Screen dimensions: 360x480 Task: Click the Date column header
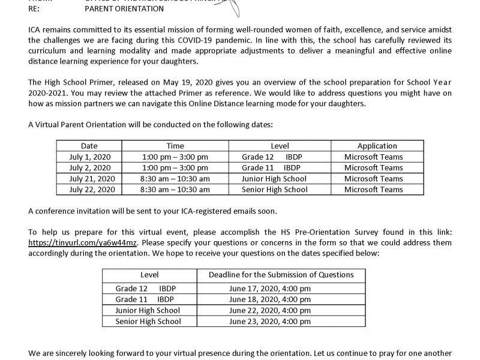(89, 146)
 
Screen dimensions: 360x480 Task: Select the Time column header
(175, 146)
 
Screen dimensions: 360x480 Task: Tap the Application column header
(377, 146)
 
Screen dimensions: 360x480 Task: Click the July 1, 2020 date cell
(89, 157)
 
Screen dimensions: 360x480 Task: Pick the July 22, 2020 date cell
(89, 190)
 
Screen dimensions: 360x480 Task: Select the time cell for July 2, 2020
(175, 167)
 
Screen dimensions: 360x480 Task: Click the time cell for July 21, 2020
(175, 179)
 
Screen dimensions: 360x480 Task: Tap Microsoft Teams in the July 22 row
(377, 190)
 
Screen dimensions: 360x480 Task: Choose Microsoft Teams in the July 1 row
(377, 157)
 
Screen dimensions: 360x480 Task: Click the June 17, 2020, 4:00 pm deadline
(278, 288)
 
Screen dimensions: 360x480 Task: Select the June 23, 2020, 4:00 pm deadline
(278, 321)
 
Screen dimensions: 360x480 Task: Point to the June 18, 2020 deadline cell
(278, 299)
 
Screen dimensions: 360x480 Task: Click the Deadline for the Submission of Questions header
(281, 275)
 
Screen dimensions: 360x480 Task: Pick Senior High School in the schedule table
(274, 190)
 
